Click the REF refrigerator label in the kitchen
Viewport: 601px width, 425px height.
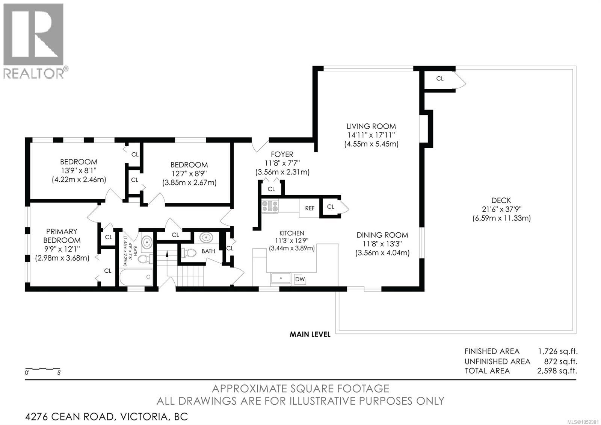[310, 208]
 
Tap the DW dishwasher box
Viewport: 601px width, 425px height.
[300, 279]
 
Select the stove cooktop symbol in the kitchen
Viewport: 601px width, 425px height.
[270, 206]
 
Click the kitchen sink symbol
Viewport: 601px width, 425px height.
[281, 278]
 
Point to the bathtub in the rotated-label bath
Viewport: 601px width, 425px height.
[136, 277]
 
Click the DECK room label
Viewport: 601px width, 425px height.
[501, 200]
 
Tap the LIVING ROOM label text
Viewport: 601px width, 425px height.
[371, 126]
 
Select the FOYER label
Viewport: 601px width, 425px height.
[282, 155]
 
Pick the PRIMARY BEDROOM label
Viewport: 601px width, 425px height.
[62, 235]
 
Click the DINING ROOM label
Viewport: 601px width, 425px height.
[382, 235]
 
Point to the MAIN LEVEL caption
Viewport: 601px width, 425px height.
[310, 334]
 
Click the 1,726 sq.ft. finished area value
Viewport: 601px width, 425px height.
[558, 351]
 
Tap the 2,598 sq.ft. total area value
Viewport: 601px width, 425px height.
[557, 371]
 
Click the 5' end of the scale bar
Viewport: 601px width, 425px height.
[60, 369]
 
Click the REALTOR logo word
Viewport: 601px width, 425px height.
[33, 73]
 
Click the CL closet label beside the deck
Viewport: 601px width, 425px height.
[440, 79]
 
